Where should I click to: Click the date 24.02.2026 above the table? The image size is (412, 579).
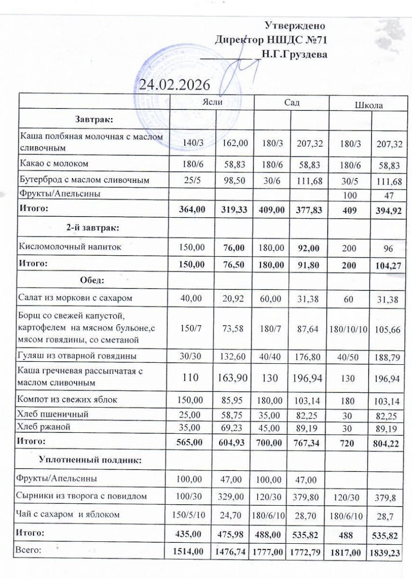coord(175,84)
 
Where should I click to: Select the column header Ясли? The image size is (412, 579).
coord(212,102)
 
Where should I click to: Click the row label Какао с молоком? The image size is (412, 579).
coord(54,164)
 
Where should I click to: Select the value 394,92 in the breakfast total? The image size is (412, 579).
coord(386,211)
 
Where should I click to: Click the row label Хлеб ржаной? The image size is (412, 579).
coord(44,427)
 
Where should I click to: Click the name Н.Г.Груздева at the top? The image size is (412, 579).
coord(294,54)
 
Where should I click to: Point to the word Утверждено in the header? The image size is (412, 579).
coord(295,25)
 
